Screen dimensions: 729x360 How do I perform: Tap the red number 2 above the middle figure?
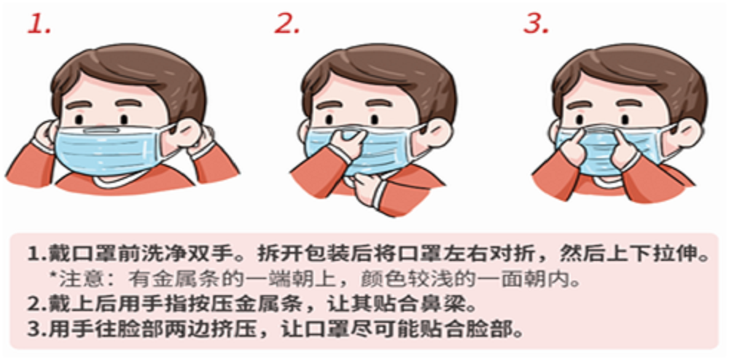(286, 23)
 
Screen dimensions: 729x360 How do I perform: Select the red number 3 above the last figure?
(536, 23)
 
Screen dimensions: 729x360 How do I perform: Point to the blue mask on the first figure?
(111, 149)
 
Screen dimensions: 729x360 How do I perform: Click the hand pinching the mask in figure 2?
(346, 141)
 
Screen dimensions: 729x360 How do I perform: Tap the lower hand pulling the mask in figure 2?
(367, 186)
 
